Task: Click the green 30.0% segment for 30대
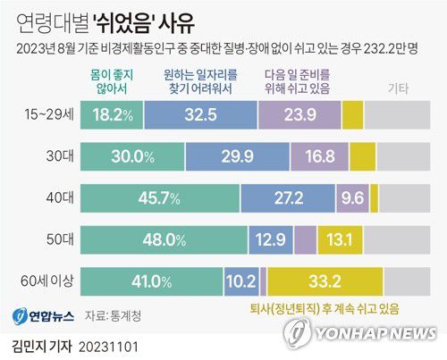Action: coord(132,156)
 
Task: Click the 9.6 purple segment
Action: coord(350,197)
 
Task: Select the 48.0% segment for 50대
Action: coord(164,239)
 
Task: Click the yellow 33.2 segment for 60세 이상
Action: coord(324,280)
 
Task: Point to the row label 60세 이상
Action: coord(46,280)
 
